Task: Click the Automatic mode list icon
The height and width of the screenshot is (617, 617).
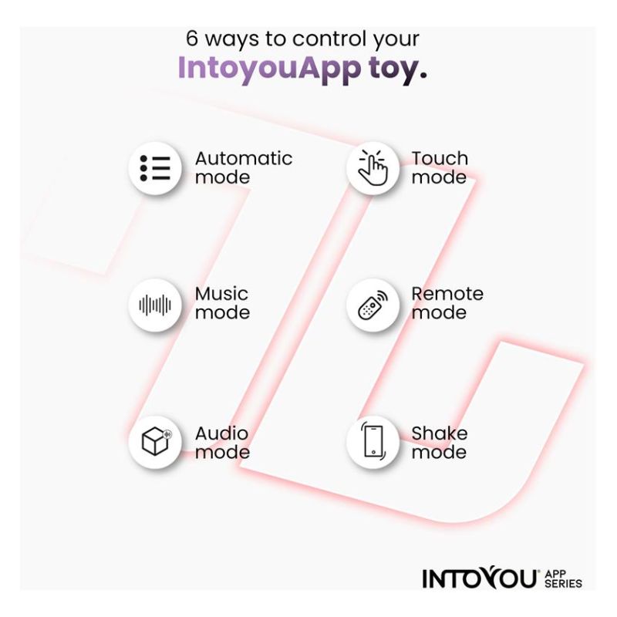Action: [155, 168]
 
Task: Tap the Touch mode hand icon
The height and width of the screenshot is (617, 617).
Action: [373, 167]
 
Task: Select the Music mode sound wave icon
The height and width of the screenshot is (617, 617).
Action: [155, 305]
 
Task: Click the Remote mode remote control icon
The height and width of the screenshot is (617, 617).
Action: [373, 305]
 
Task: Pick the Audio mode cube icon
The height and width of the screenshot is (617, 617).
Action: [157, 441]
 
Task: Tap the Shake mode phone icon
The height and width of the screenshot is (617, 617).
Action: [373, 441]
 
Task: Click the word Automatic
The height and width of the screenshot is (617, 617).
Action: [244, 159]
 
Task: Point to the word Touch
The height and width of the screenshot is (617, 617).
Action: [440, 159]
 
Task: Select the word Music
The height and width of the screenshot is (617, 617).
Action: [221, 294]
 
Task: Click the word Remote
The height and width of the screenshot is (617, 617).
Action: [447, 294]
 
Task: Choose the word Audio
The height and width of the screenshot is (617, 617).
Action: [221, 433]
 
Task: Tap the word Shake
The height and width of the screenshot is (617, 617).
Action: [440, 433]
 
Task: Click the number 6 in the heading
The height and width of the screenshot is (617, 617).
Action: [191, 39]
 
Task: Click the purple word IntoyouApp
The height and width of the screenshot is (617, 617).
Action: [269, 69]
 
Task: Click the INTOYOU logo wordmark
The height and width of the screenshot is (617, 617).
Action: [480, 578]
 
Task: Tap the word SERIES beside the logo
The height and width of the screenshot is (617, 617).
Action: [563, 583]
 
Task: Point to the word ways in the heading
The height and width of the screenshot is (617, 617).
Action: [232, 40]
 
